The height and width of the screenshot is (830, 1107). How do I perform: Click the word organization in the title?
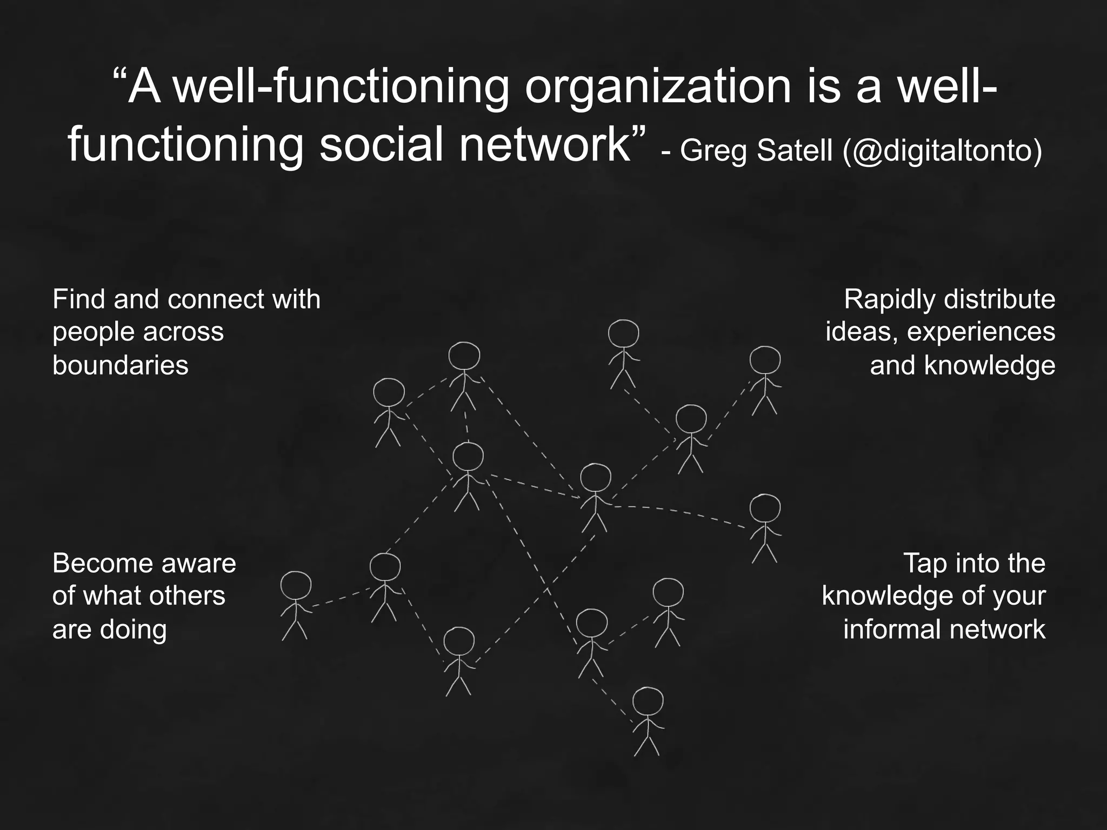tap(658, 88)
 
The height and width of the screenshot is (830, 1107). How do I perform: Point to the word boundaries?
tap(120, 365)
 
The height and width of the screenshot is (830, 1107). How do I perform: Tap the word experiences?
tap(981, 332)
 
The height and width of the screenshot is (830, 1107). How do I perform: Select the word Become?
tap(97, 564)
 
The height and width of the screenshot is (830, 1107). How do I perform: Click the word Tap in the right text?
tap(924, 564)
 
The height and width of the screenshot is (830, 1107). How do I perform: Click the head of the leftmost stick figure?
tap(296, 586)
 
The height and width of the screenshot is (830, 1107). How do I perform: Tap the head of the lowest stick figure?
tap(648, 702)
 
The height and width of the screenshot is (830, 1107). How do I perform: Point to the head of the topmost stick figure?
tap(623, 333)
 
